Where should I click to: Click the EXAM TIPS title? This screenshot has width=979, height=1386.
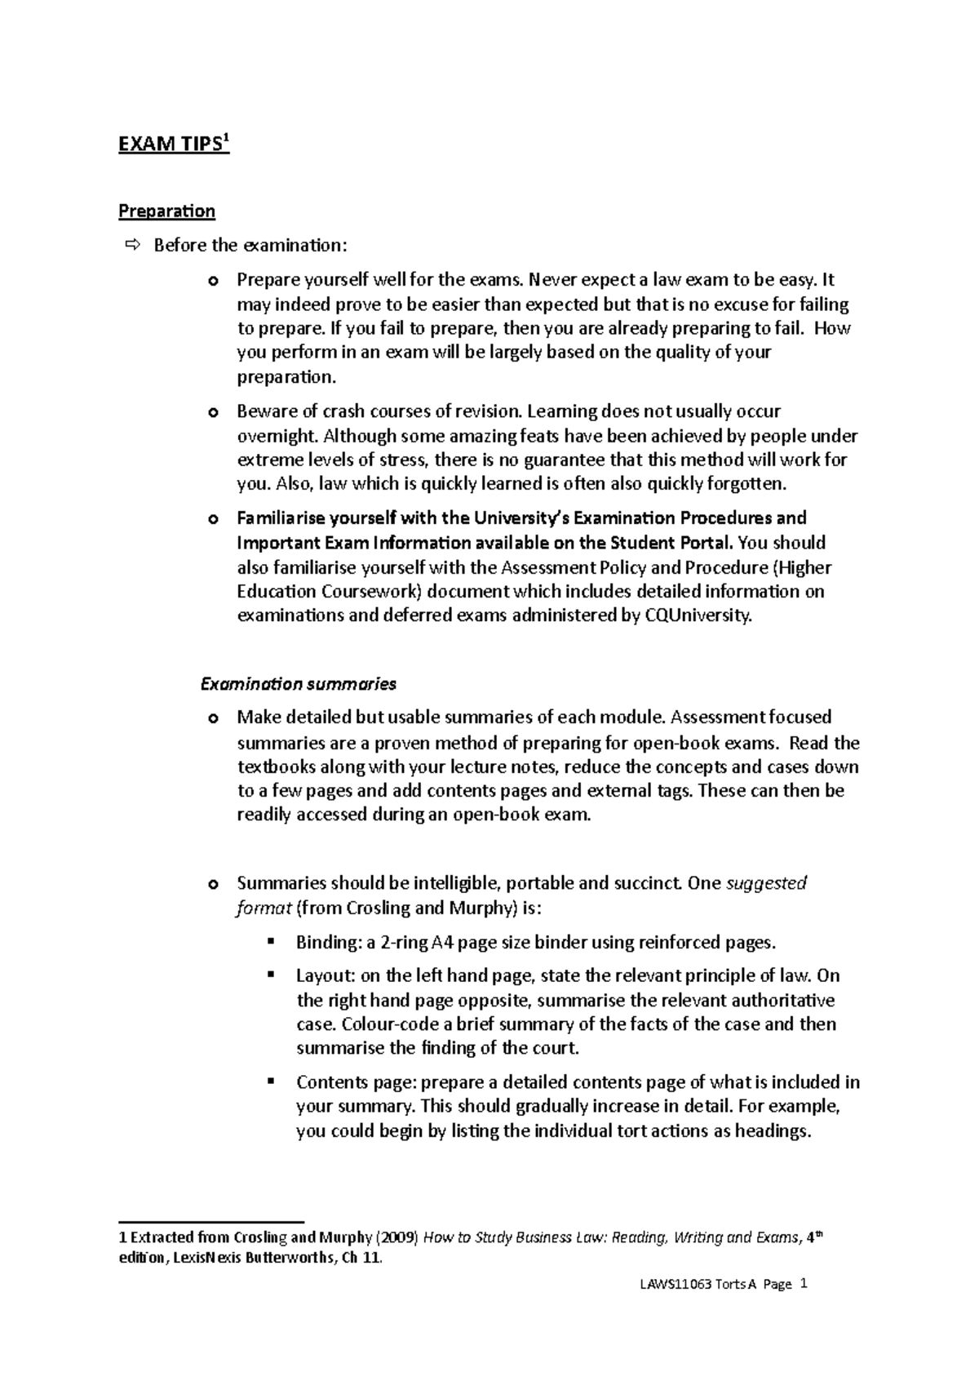click(x=173, y=145)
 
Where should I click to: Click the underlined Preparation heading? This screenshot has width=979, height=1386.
click(x=166, y=211)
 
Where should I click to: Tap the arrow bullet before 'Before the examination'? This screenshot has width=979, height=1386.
click(x=133, y=245)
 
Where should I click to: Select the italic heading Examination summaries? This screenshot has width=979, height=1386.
click(x=298, y=683)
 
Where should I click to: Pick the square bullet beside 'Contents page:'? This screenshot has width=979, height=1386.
click(x=270, y=1082)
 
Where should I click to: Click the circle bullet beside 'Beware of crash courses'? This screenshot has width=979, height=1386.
click(x=214, y=413)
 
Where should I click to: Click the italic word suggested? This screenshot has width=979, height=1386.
click(x=766, y=883)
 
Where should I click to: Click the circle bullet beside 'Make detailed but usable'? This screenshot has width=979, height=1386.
click(x=214, y=719)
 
